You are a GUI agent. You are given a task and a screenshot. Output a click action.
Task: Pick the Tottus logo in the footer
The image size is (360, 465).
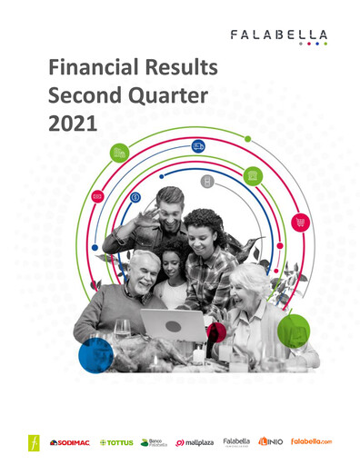(x=115, y=442)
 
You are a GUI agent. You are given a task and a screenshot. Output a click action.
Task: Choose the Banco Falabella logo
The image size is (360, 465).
(x=155, y=442)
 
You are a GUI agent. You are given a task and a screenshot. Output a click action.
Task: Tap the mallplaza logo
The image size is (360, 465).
(x=195, y=442)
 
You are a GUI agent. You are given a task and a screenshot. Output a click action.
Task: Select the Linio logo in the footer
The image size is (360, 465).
(x=271, y=442)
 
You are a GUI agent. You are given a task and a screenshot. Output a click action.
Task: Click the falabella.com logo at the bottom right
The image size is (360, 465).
(x=312, y=442)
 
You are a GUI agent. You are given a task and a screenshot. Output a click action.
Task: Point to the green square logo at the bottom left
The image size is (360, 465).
(x=35, y=442)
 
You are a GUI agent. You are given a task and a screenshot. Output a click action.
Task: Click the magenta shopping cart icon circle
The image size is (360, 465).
(x=299, y=222)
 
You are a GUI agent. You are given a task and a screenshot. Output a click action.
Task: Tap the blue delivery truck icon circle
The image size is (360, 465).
(x=198, y=146)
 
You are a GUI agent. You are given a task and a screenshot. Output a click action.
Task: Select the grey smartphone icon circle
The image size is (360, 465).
(x=207, y=182)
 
